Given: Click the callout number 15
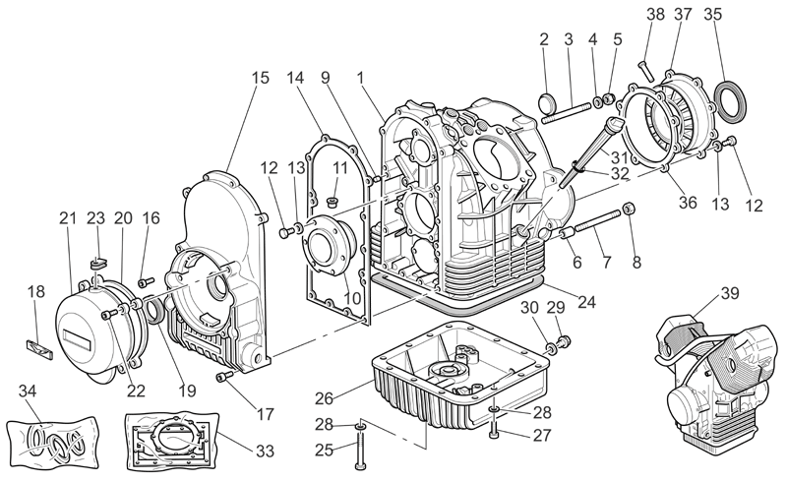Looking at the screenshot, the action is (x=261, y=78).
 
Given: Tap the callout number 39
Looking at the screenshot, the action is (x=730, y=293).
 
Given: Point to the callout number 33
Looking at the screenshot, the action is (x=265, y=451).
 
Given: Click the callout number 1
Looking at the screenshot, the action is (x=360, y=78).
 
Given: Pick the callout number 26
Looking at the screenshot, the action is (x=325, y=398).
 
